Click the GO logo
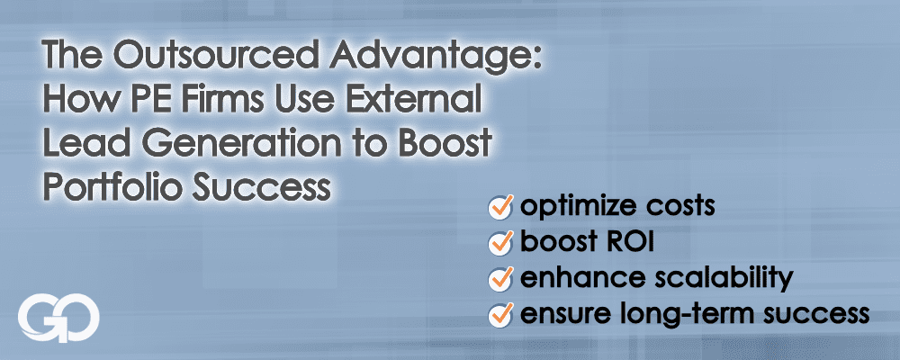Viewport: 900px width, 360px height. (58, 320)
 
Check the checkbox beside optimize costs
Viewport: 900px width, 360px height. (500, 208)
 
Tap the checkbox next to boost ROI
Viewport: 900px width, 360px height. (500, 243)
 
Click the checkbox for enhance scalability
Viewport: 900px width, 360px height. (500, 279)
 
